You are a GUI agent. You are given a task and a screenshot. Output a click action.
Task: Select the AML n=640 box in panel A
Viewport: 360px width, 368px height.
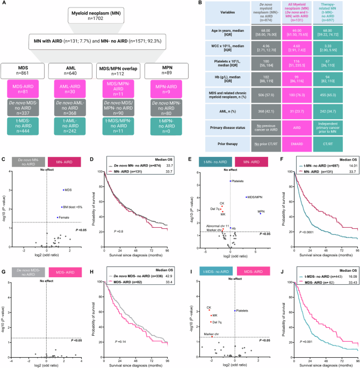pyautogui.click(x=68, y=70)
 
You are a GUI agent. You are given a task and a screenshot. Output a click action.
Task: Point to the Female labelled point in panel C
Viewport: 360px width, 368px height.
pyautogui.click(x=57, y=218)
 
